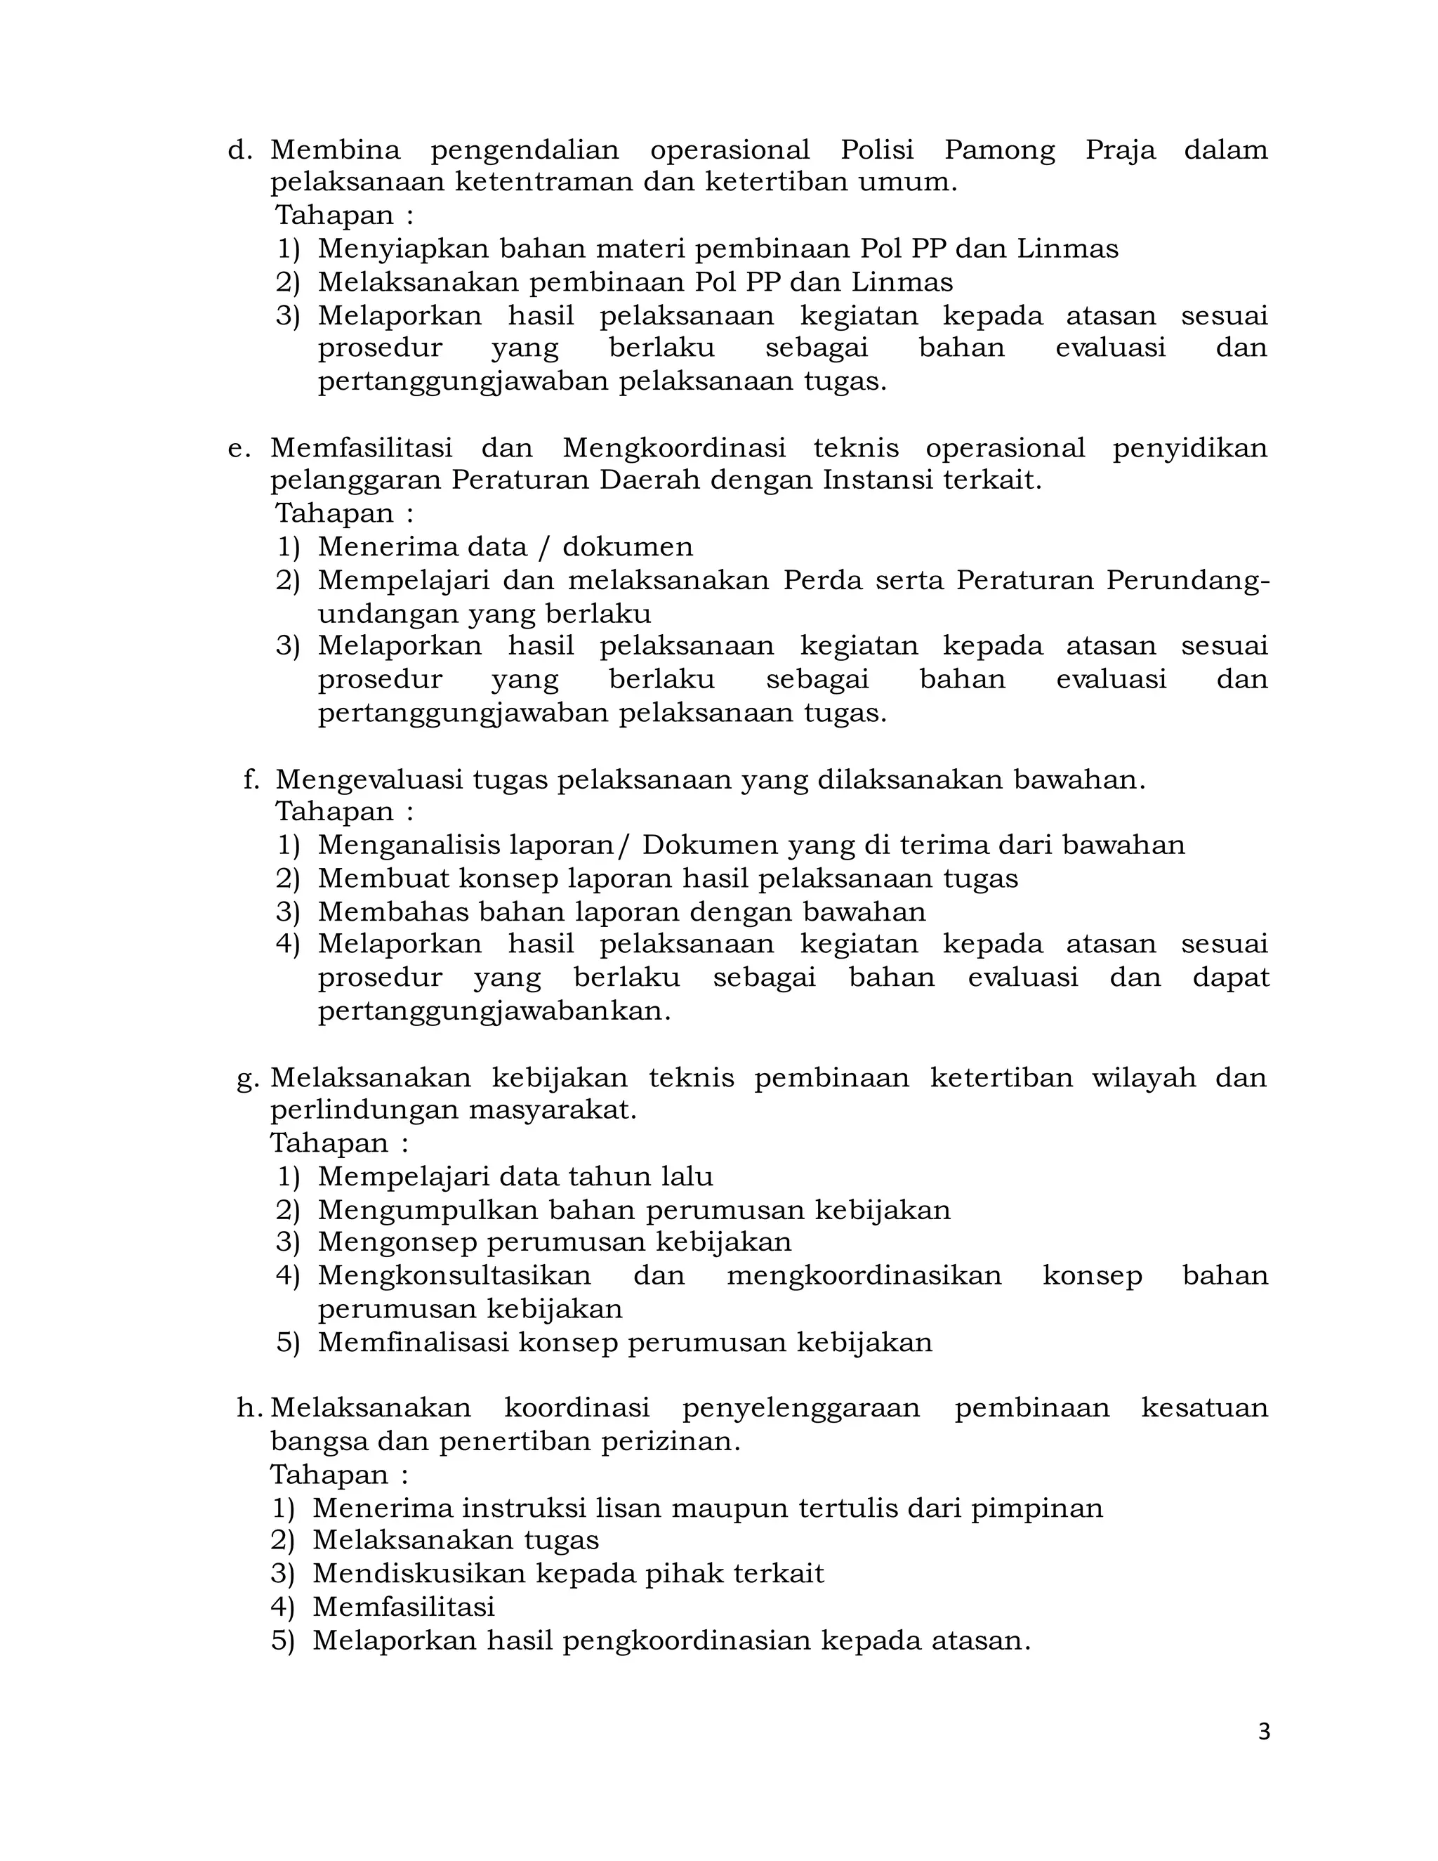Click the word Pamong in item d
[999, 151]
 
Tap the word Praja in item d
[1120, 151]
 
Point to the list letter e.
[239, 449]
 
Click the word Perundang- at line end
[1187, 581]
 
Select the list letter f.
[251, 780]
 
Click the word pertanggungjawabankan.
[494, 1011]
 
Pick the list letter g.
[247, 1079]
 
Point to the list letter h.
[248, 1409]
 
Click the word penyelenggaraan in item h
[800, 1409]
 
